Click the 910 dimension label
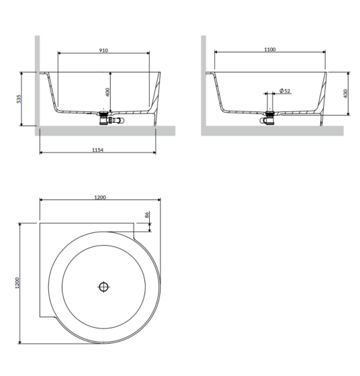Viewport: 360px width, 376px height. click(x=103, y=50)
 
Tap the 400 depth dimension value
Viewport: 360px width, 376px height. click(x=107, y=93)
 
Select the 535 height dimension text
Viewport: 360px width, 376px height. click(x=19, y=99)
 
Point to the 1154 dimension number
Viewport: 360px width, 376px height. click(x=97, y=150)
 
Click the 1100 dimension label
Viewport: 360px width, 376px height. click(x=270, y=50)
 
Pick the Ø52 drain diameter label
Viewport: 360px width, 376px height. click(x=285, y=91)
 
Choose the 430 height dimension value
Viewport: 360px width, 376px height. click(x=345, y=93)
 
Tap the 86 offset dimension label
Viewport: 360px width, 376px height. click(x=147, y=215)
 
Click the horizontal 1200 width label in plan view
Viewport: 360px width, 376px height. click(x=100, y=197)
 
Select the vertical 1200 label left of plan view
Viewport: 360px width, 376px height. click(x=17, y=283)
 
